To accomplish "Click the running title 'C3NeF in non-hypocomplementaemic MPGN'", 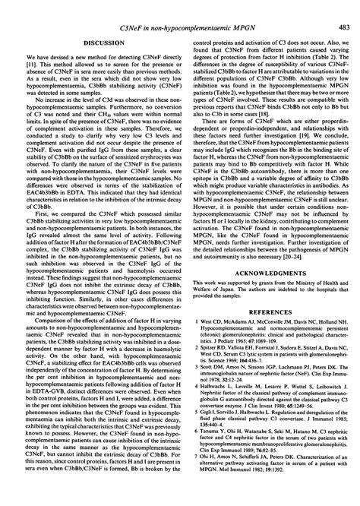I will click(179, 6).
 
